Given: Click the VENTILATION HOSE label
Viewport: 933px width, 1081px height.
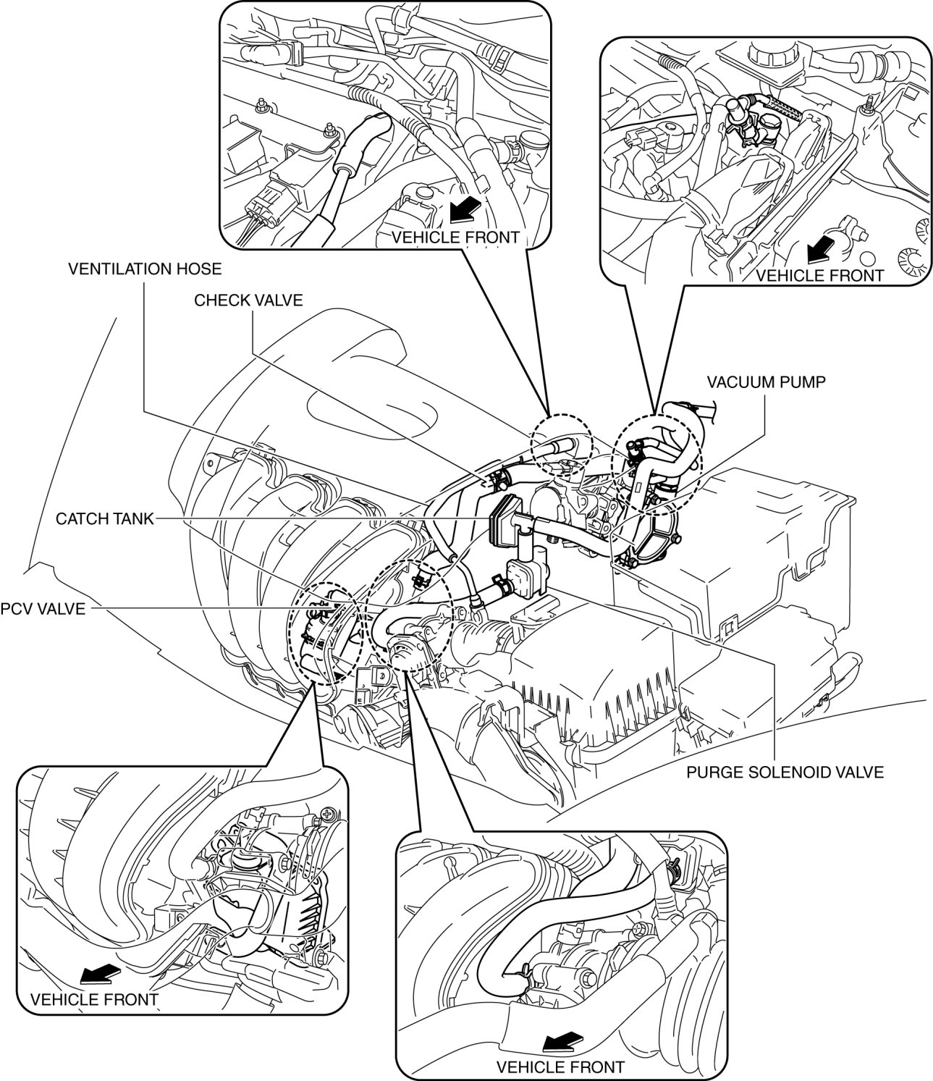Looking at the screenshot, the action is coord(145,269).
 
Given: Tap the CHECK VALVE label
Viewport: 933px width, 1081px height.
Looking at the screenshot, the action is coord(248,300).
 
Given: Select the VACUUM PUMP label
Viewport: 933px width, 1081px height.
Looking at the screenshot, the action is coord(767,382).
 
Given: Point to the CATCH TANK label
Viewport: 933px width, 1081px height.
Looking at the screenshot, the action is coord(105,518).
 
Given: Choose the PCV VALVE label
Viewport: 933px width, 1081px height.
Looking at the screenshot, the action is coord(43,609).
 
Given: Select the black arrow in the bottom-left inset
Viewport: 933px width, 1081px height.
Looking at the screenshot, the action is coord(99,972).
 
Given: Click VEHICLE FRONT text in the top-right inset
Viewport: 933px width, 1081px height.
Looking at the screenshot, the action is coord(819,275).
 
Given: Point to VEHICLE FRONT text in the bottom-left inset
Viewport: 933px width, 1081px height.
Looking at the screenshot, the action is coord(94,999).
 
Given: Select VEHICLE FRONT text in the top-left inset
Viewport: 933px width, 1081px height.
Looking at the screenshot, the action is coord(455,237).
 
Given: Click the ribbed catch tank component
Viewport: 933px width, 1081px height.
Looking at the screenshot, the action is coord(503,521).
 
